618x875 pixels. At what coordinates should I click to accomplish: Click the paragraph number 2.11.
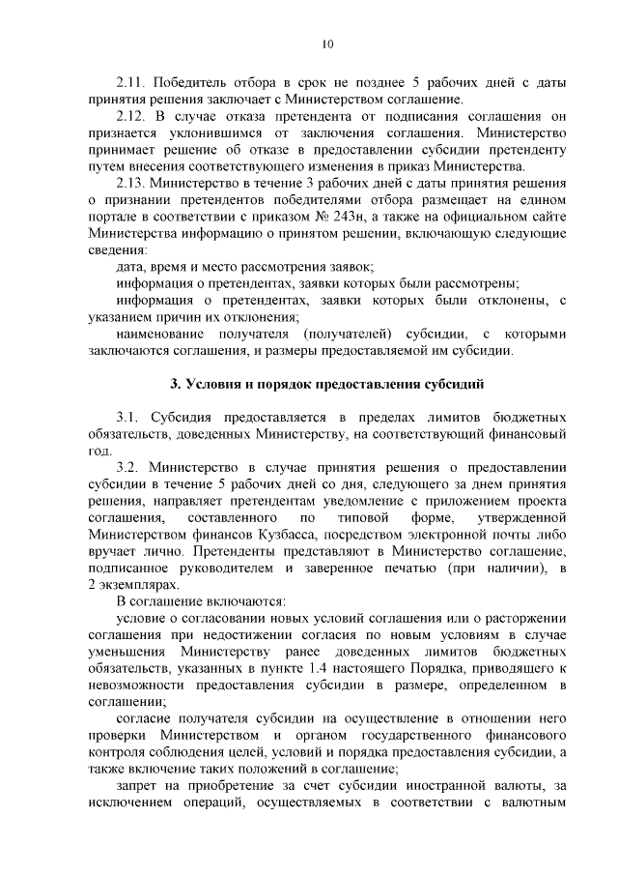pyautogui.click(x=130, y=81)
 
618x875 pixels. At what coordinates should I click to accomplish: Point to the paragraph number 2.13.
pyautogui.click(x=130, y=181)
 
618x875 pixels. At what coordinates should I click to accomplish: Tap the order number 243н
pyautogui.click(x=351, y=215)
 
